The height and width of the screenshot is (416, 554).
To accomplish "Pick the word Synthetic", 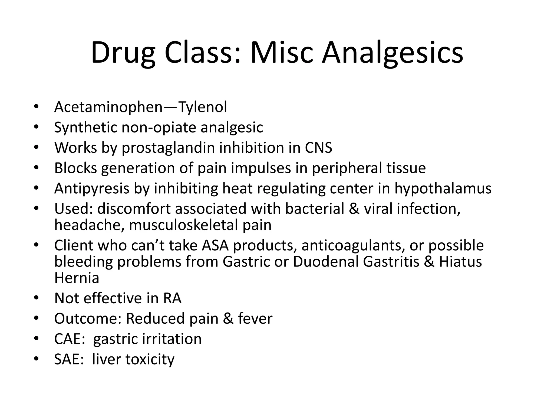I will coord(85,128).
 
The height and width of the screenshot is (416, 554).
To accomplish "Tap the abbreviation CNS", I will coord(318,148).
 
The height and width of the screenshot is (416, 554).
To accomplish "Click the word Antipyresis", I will coord(92,188).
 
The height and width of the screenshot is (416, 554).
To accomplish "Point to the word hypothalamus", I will coord(443,188).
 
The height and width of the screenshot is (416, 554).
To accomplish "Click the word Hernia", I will coord(77,278).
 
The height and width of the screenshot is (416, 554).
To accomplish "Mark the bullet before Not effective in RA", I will coord(37,298).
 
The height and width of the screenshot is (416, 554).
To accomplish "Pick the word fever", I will coord(255,318).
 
